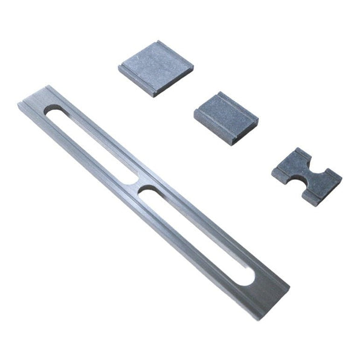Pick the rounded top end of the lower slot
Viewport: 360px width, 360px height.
coord(146,192)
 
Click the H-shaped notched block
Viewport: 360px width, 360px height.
coord(307,176)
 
